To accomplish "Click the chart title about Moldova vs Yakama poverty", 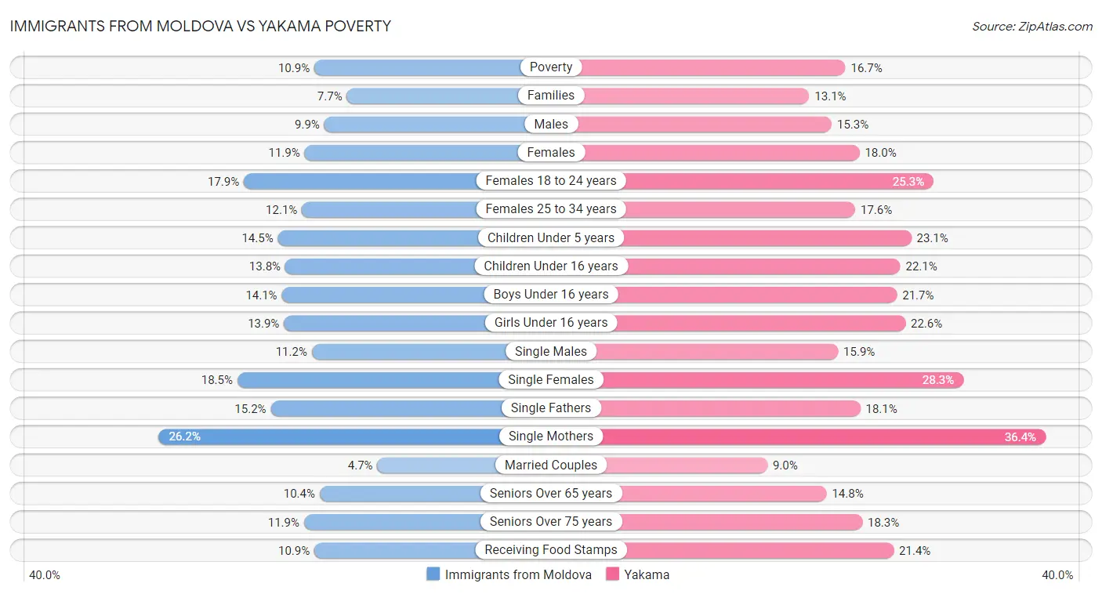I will (x=200, y=26).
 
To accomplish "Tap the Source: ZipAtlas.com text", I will (x=1031, y=26).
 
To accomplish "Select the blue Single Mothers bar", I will (x=329, y=436).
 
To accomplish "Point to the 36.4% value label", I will (x=1020, y=437).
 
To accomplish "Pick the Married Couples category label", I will (x=551, y=465).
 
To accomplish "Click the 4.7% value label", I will (x=360, y=465).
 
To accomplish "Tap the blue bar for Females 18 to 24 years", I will (x=361, y=181).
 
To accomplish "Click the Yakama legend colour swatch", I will (x=613, y=574).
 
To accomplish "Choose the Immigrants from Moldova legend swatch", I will (x=433, y=574).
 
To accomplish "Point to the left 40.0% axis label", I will (x=45, y=575).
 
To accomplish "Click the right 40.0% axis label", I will (x=1057, y=575).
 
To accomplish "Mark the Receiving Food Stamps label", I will (x=551, y=550).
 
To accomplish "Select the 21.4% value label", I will (x=915, y=551).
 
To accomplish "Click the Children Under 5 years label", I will (x=551, y=237).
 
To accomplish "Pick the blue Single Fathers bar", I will (x=388, y=408).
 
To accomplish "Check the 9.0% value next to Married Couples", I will (x=785, y=465).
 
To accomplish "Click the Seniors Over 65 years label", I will (x=551, y=493).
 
